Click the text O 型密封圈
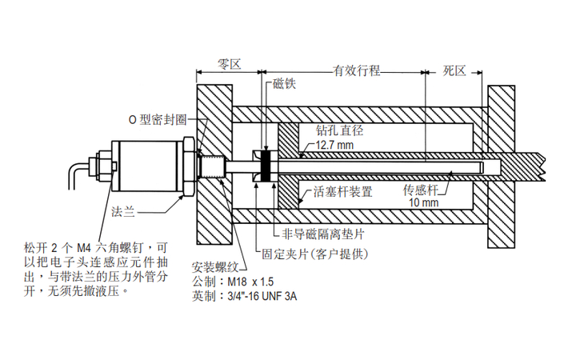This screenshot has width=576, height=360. [x=158, y=120]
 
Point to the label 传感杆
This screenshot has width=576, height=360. [x=420, y=191]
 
